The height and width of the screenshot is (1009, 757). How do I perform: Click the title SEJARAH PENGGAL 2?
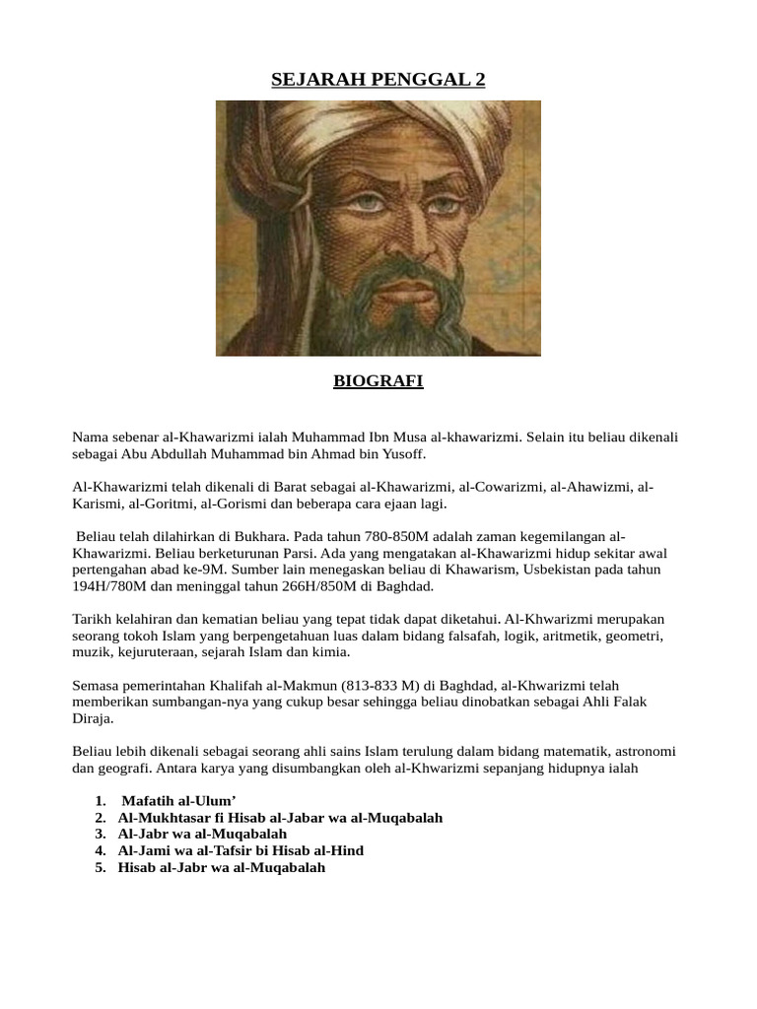pyautogui.click(x=378, y=80)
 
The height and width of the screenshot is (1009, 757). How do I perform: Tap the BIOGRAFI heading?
pyautogui.click(x=378, y=381)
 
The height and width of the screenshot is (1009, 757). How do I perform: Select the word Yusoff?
pyautogui.click(x=399, y=454)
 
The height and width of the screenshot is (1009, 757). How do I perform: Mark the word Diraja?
pyautogui.click(x=93, y=718)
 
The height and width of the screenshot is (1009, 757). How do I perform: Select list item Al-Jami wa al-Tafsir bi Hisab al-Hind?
pyautogui.click(x=241, y=850)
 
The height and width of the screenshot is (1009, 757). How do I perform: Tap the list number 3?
pyautogui.click(x=100, y=834)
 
